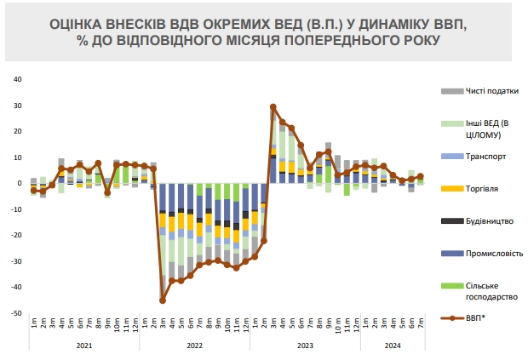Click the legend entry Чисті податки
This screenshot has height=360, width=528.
pyautogui.click(x=492, y=91)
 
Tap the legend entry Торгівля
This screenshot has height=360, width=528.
pyautogui.click(x=484, y=188)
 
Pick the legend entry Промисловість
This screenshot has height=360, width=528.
pyautogui.click(x=494, y=253)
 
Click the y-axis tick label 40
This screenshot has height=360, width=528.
pyautogui.click(x=17, y=80)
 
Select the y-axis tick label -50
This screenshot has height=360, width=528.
pyautogui.click(x=16, y=314)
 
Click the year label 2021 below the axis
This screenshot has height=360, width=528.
pyautogui.click(x=84, y=346)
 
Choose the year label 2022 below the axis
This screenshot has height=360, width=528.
pyautogui.click(x=195, y=346)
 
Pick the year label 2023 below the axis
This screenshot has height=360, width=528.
pyautogui.click(x=306, y=346)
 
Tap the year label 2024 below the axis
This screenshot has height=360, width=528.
pyautogui.click(x=393, y=346)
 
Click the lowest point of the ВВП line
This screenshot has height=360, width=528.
pyautogui.click(x=163, y=300)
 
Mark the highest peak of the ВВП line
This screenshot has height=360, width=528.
pyautogui.click(x=273, y=107)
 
